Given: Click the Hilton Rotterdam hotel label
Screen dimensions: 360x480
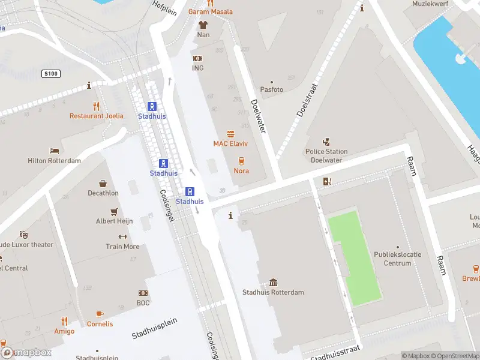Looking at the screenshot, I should tap(54, 161).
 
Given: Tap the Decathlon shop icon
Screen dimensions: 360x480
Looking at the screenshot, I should tap(103, 184).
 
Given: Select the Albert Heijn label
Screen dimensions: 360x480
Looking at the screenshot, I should tap(113, 221).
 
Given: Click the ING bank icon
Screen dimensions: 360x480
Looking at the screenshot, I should tap(197, 58).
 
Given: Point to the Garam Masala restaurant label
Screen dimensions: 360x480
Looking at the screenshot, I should tap(210, 11).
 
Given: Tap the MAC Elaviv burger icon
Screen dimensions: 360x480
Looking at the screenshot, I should tap(230, 134).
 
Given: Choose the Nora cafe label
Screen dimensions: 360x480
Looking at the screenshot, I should tap(241, 171).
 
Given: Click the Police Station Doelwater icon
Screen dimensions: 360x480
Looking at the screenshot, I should tap(326, 142).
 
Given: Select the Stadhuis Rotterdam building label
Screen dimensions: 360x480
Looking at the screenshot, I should tap(273, 293).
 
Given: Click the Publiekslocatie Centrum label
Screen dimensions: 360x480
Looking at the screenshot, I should tap(397, 259).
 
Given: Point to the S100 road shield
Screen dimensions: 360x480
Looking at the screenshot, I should tap(50, 73).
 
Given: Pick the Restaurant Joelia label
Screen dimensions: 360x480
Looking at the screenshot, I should tap(96, 116).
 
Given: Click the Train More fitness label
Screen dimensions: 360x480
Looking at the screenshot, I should tap(122, 247).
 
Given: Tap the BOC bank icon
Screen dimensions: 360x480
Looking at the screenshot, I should tap(143, 293).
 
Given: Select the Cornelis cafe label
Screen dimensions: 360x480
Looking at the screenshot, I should tap(100, 324).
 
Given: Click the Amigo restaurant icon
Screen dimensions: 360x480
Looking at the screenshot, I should tap(64, 321).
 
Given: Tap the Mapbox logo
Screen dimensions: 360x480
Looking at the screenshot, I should tap(26, 353).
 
